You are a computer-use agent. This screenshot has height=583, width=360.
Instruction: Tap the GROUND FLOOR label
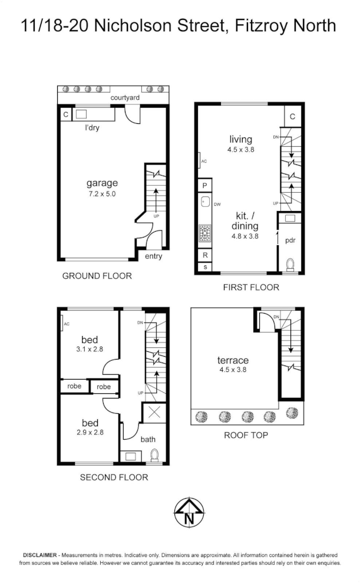coord(97,276)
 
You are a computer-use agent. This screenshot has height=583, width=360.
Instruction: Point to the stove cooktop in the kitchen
coord(204,233)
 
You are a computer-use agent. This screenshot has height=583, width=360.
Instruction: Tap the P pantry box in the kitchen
coord(204,185)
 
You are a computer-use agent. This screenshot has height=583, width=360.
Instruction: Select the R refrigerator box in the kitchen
coord(204,255)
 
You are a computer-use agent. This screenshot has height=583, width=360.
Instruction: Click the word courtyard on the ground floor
coord(125,97)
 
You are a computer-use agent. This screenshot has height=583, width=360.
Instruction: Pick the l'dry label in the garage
coord(92,127)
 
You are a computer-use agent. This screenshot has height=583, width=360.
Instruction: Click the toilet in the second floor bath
coord(155,456)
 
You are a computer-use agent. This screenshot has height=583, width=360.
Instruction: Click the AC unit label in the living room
coord(204,160)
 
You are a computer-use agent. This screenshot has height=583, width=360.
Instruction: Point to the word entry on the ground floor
coord(153,256)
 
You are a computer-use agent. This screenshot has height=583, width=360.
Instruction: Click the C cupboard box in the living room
coord(293,117)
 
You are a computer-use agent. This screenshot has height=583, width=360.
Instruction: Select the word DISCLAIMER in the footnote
coord(39,555)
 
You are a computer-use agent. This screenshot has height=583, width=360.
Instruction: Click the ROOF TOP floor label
coord(246,436)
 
